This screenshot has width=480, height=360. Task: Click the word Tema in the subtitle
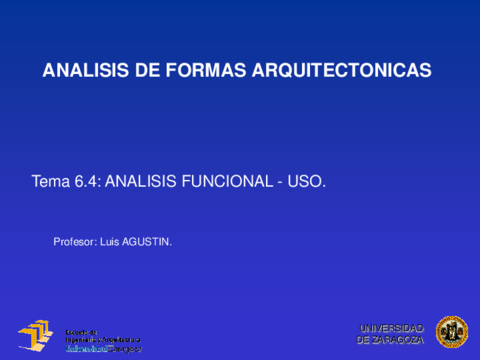point(51,182)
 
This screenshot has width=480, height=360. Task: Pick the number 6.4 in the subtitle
point(88,182)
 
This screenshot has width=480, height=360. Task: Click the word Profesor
point(74,241)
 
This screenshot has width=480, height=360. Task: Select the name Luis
point(109,241)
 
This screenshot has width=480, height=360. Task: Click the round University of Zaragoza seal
point(451,333)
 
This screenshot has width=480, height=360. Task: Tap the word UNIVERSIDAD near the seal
point(391,328)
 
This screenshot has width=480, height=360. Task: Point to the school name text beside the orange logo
point(102,341)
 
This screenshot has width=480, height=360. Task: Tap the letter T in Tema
point(37,182)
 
